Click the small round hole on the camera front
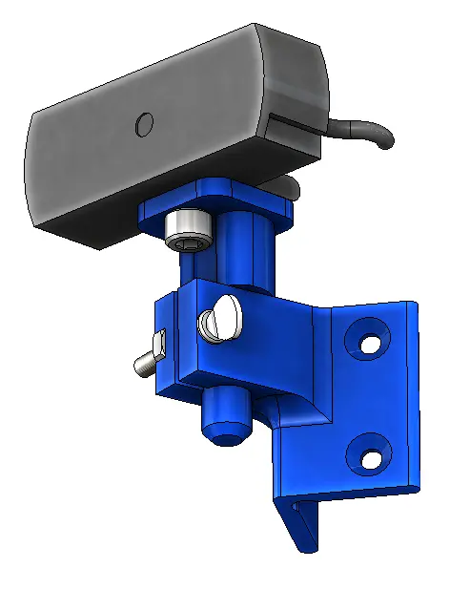point(144,123)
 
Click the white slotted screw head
point(221,317)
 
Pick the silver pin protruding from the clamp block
point(145,363)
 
